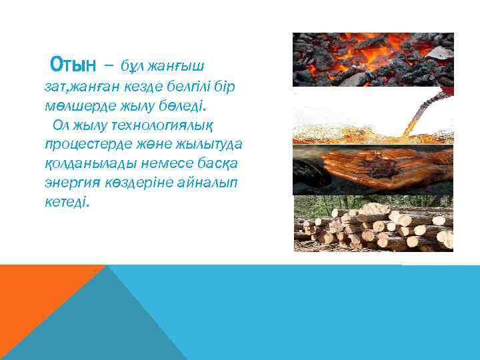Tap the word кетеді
click(66, 202)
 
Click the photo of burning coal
click(373, 60)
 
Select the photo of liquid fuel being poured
click(373, 116)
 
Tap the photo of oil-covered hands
click(373, 170)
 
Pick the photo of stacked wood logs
click(373, 224)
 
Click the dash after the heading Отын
click(109, 67)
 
